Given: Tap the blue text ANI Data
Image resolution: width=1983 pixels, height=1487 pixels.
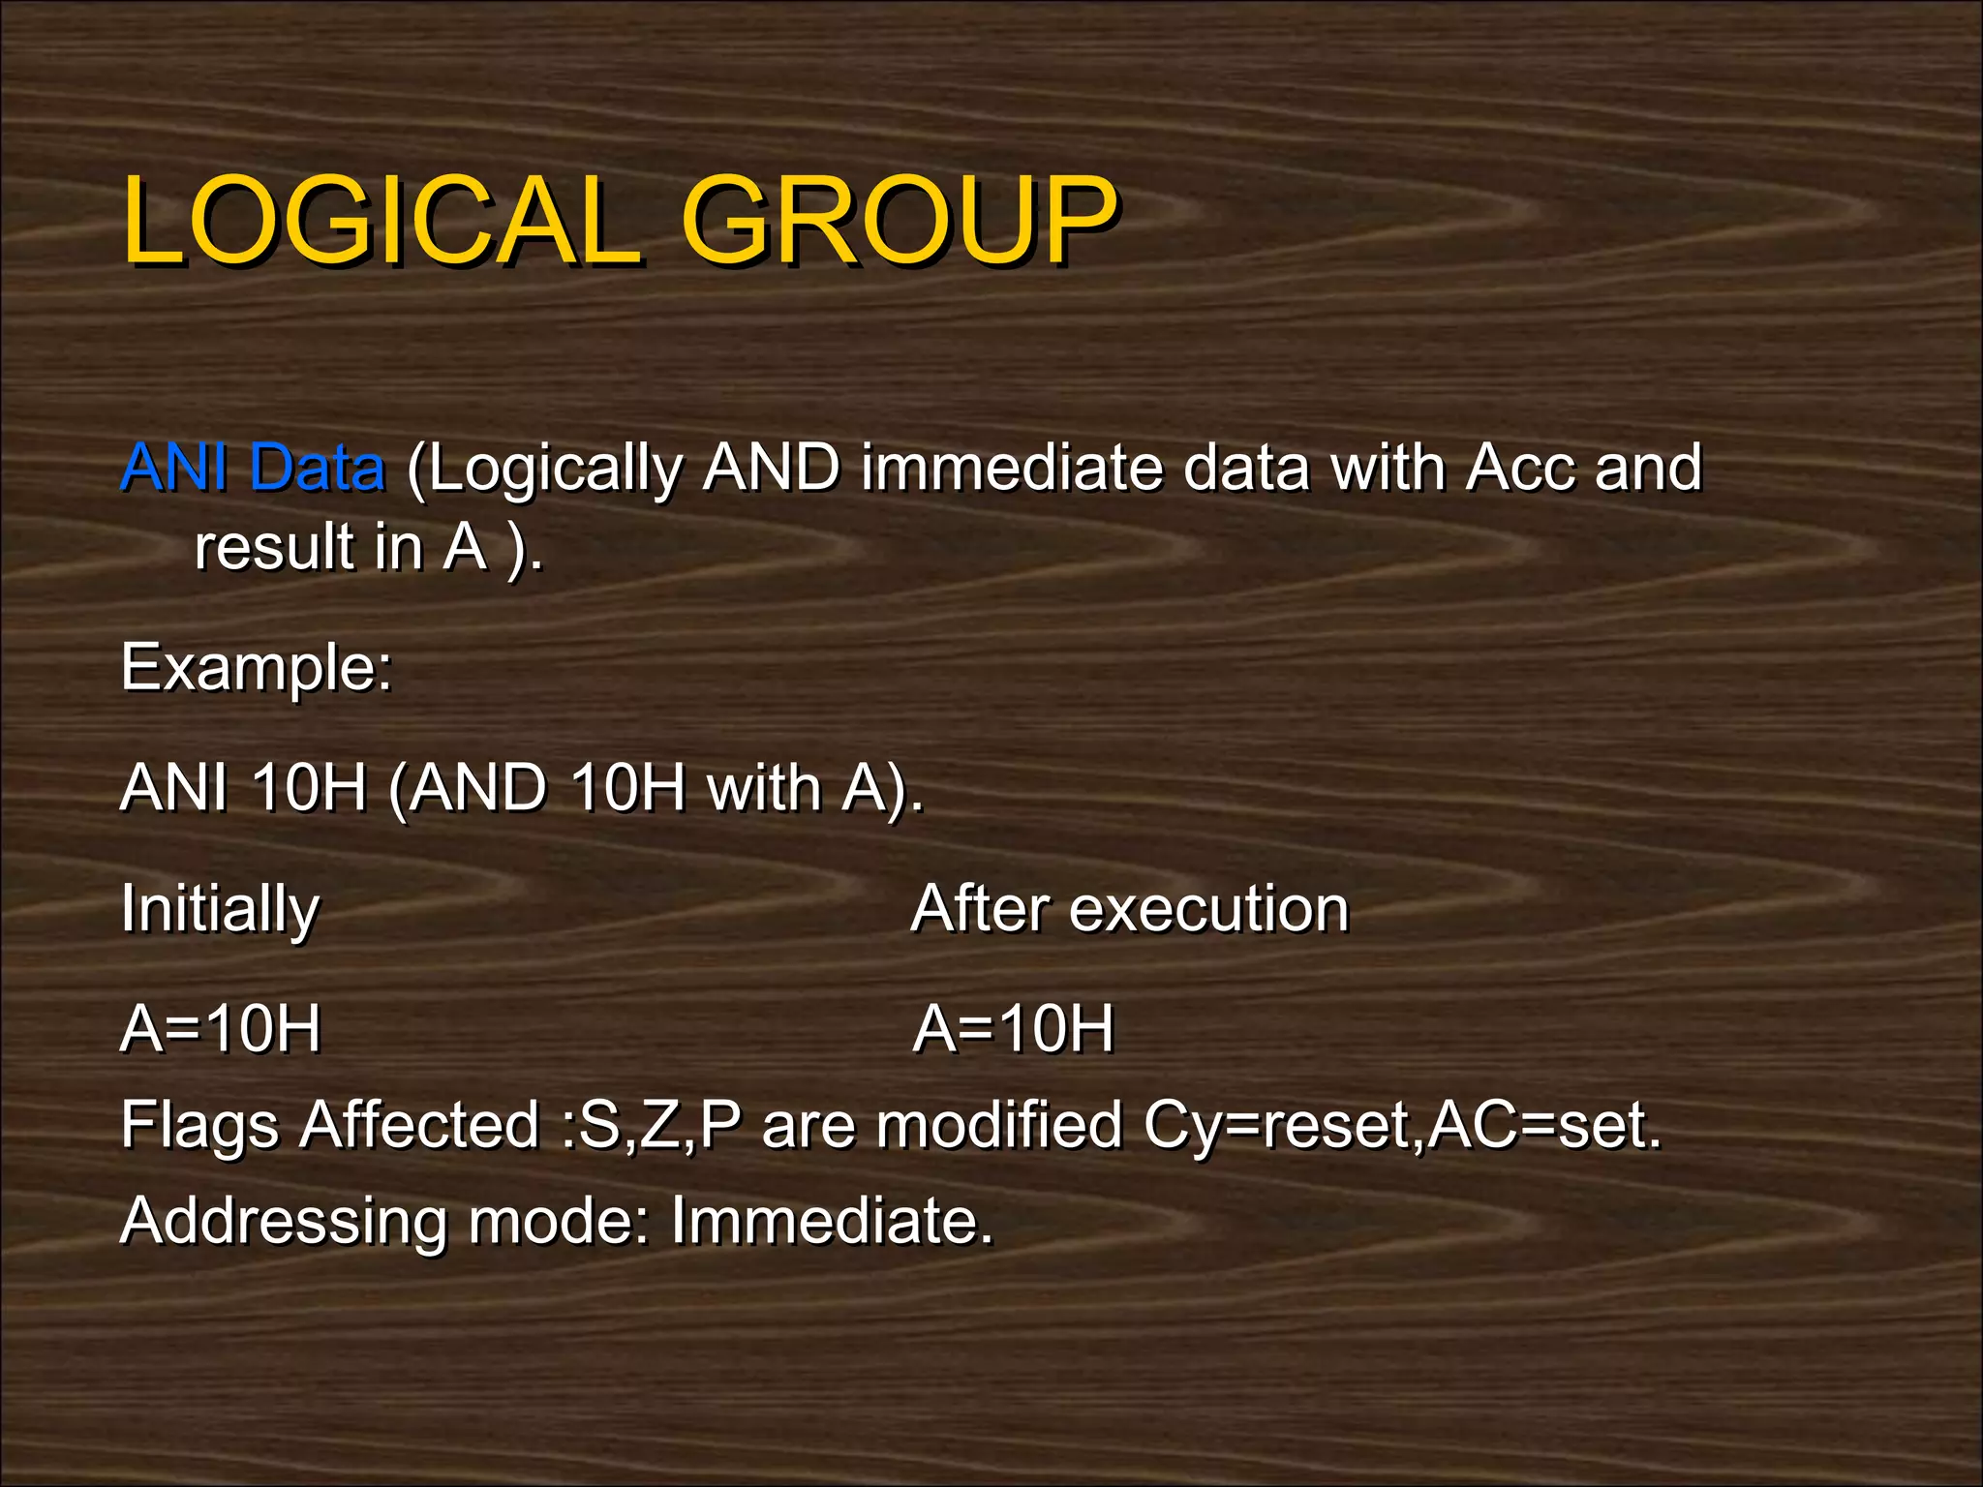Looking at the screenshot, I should tap(253, 469).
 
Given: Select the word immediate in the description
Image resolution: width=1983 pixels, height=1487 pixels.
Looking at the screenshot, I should tap(1013, 469).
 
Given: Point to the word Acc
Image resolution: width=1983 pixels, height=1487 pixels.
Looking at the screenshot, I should tap(1520, 469).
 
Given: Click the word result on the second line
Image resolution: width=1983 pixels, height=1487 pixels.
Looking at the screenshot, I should tap(274, 548).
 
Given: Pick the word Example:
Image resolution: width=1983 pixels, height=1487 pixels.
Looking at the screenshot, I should tap(257, 668).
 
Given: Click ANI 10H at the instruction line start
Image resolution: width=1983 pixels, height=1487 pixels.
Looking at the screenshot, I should tap(243, 788).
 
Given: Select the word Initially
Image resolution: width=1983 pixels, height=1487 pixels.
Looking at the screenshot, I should tap(220, 910).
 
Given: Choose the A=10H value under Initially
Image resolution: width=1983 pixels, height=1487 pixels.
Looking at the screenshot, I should tap(221, 1029).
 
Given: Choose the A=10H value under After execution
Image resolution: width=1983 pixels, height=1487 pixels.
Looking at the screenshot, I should tap(1014, 1029).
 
